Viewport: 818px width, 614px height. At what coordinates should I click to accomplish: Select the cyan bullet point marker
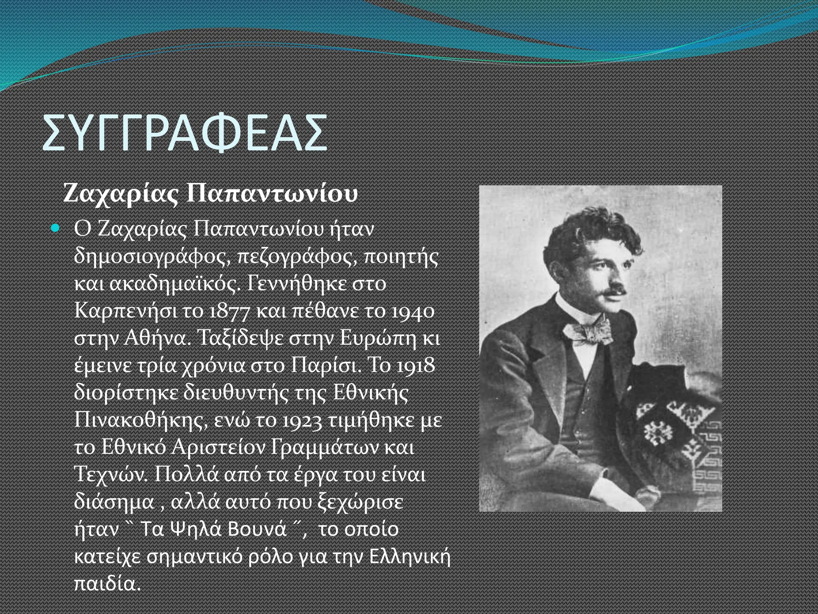coord(56,229)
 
